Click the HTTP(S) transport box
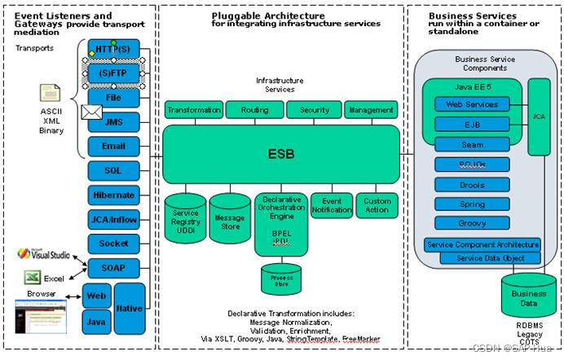(x=113, y=49)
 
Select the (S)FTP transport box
(x=113, y=74)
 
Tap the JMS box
(x=113, y=122)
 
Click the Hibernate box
(x=113, y=195)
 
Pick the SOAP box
(x=113, y=267)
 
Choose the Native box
(x=129, y=308)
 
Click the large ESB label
(x=280, y=154)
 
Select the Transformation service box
(x=193, y=110)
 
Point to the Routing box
(x=254, y=110)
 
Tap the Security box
(x=314, y=110)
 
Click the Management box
(x=371, y=110)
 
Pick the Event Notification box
(x=332, y=205)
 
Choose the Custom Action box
(x=377, y=205)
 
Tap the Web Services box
(x=472, y=104)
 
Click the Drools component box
(x=472, y=184)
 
